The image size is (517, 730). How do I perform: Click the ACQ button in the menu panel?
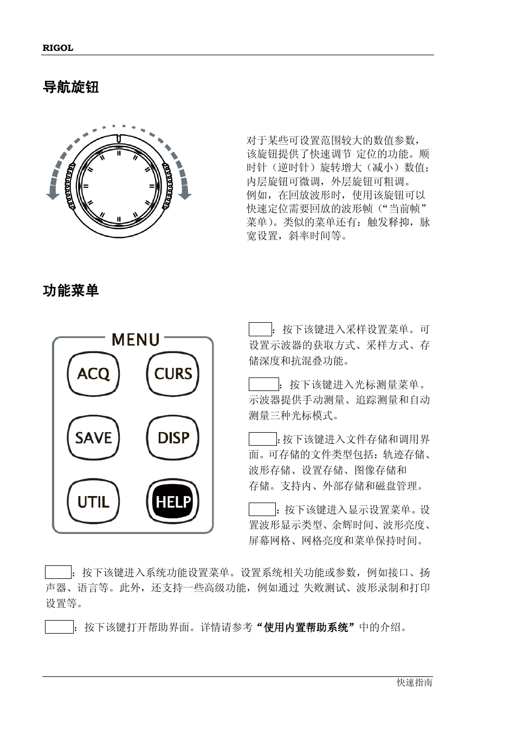(x=93, y=374)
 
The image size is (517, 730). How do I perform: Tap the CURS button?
(x=173, y=374)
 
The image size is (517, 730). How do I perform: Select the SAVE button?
(x=93, y=438)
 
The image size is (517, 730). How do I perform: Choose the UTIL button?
(x=93, y=502)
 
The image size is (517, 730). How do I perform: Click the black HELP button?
(x=173, y=502)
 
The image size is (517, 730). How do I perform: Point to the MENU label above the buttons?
(x=135, y=340)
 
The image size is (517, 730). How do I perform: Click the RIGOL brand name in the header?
(x=57, y=48)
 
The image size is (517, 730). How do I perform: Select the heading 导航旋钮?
(x=70, y=87)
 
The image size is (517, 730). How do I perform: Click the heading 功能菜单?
(x=70, y=291)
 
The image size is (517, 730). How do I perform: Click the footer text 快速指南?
(x=414, y=683)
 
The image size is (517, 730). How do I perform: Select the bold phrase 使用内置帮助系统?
(x=306, y=628)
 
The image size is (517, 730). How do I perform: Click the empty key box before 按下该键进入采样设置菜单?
(x=260, y=329)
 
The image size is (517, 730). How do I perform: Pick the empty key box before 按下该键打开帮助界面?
(x=59, y=627)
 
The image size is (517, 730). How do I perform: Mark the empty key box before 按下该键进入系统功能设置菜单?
(x=58, y=572)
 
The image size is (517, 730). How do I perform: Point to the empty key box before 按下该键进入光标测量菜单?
(x=263, y=384)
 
